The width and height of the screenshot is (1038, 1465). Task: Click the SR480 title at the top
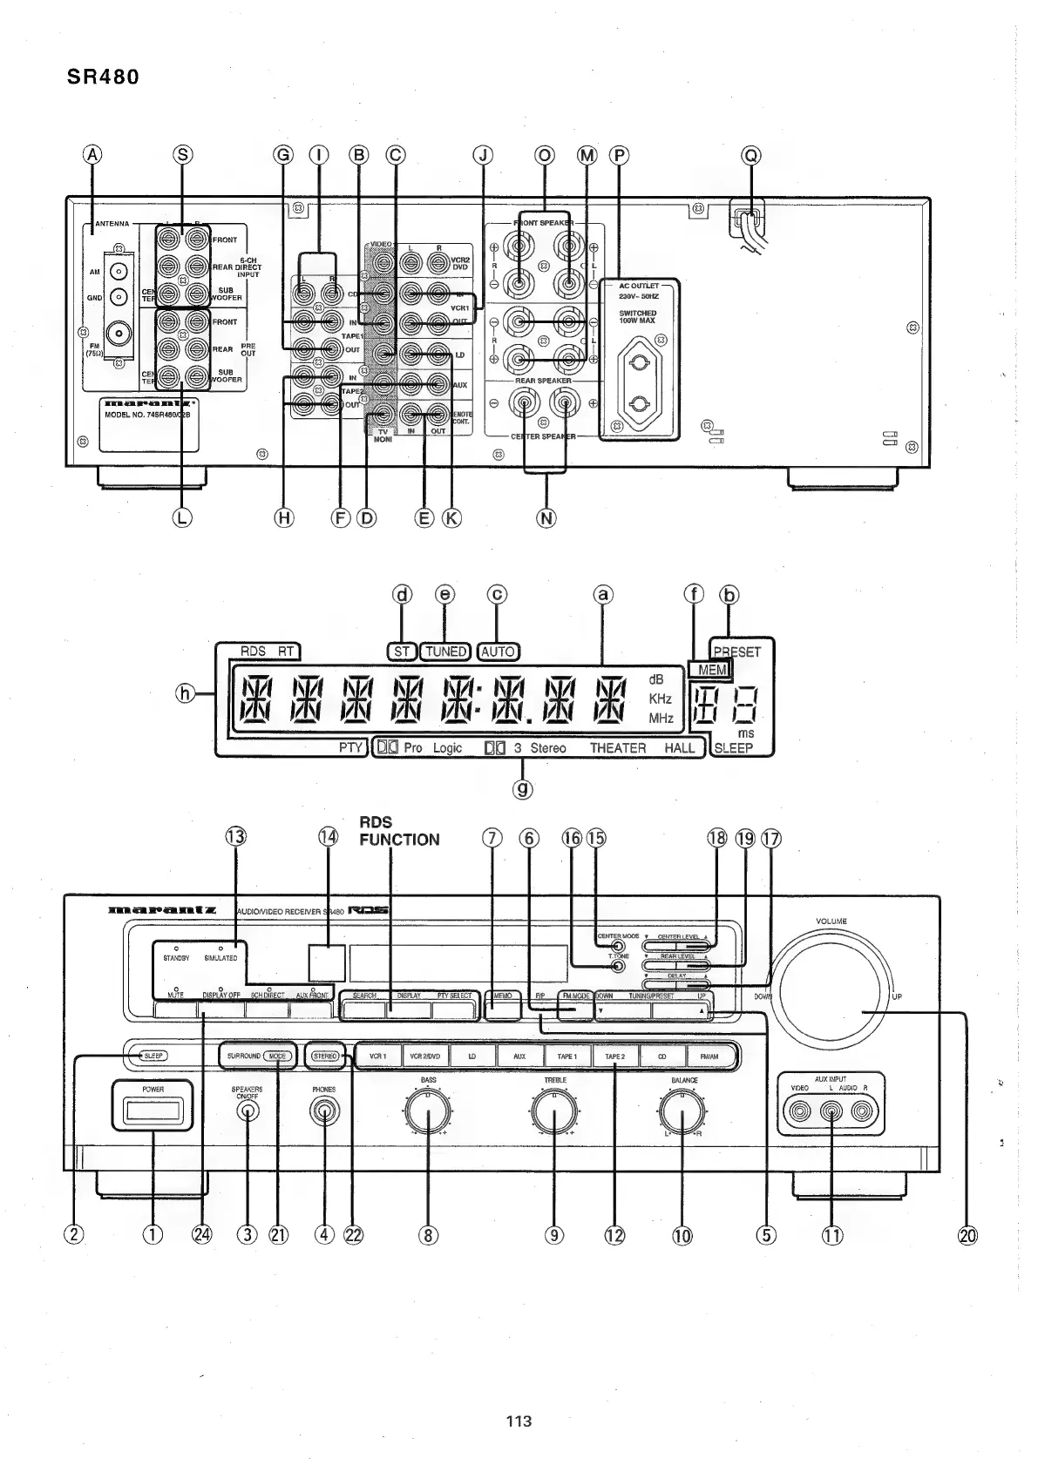click(x=103, y=77)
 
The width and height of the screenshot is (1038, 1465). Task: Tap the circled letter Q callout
click(x=750, y=156)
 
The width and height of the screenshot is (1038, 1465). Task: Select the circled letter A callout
click(x=92, y=156)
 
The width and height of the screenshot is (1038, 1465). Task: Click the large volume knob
click(x=832, y=995)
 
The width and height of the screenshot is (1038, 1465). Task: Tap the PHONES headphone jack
click(x=325, y=1112)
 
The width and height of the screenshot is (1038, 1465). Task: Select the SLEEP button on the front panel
click(x=153, y=1056)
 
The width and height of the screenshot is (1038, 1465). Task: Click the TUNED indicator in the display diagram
click(x=445, y=651)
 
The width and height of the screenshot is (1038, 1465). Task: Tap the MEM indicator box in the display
click(x=707, y=670)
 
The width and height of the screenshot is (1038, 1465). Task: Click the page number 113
click(x=519, y=1421)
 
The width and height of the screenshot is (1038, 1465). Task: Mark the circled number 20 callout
click(x=967, y=1234)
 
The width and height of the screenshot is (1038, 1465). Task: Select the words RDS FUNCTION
click(x=399, y=831)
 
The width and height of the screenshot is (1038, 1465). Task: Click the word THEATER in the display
click(x=618, y=748)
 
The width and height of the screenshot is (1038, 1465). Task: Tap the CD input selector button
click(x=662, y=1057)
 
